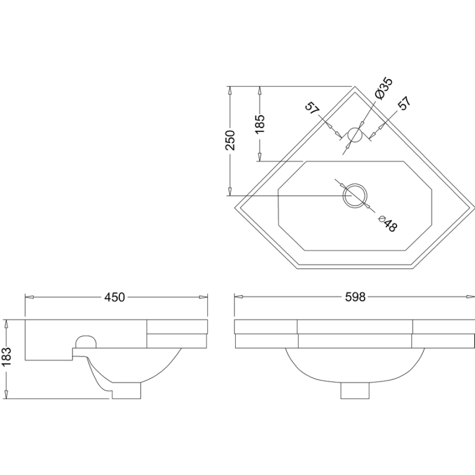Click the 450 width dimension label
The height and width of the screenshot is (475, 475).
[115, 297]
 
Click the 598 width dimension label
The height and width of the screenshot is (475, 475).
[355, 297]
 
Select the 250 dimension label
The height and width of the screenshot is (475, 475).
[230, 140]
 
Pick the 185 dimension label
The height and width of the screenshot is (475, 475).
[259, 123]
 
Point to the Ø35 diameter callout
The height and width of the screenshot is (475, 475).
[384, 88]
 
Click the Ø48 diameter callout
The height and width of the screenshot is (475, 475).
[388, 224]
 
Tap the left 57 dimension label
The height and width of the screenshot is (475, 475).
[312, 108]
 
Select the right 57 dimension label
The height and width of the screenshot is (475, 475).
[404, 103]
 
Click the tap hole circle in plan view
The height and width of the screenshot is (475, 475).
[354, 135]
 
